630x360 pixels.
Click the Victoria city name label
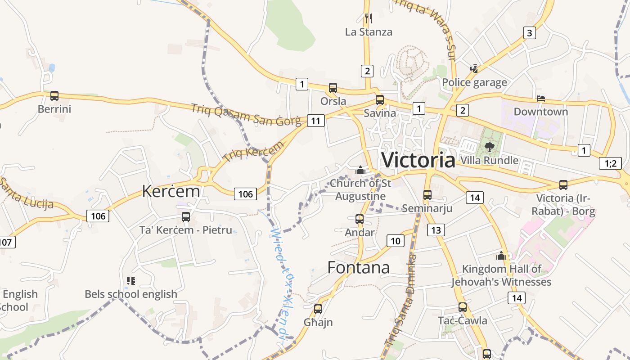(x=418, y=160)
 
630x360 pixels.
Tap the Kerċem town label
(x=171, y=191)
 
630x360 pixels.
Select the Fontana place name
(x=358, y=267)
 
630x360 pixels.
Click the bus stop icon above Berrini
(x=54, y=96)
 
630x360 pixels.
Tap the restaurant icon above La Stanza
(x=368, y=18)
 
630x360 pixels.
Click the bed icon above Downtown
(x=541, y=99)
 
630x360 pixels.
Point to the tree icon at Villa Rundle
(x=489, y=147)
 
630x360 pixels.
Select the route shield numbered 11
(x=316, y=121)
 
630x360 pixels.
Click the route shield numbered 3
(x=529, y=32)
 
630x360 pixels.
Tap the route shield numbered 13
(x=436, y=230)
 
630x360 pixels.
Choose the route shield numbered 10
(x=395, y=241)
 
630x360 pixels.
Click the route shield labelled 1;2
(x=610, y=163)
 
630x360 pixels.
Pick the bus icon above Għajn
(x=318, y=309)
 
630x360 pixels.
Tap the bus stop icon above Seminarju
(x=427, y=195)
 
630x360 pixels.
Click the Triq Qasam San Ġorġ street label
(x=246, y=115)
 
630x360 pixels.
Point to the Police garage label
(x=474, y=82)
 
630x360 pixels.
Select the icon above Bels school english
(x=131, y=281)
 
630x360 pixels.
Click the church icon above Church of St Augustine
(x=360, y=170)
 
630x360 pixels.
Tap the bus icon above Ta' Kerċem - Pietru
(x=185, y=217)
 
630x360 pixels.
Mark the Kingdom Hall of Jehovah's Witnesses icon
(x=501, y=256)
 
